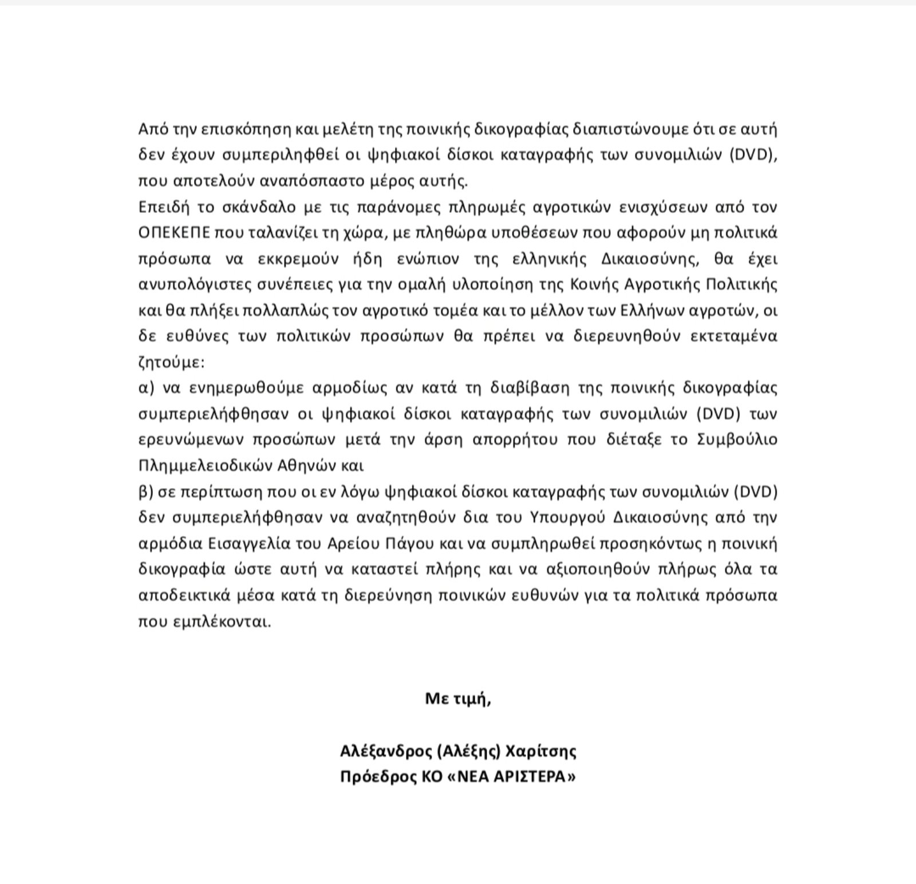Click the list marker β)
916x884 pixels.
point(147,492)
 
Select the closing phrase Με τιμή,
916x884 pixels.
point(458,699)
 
